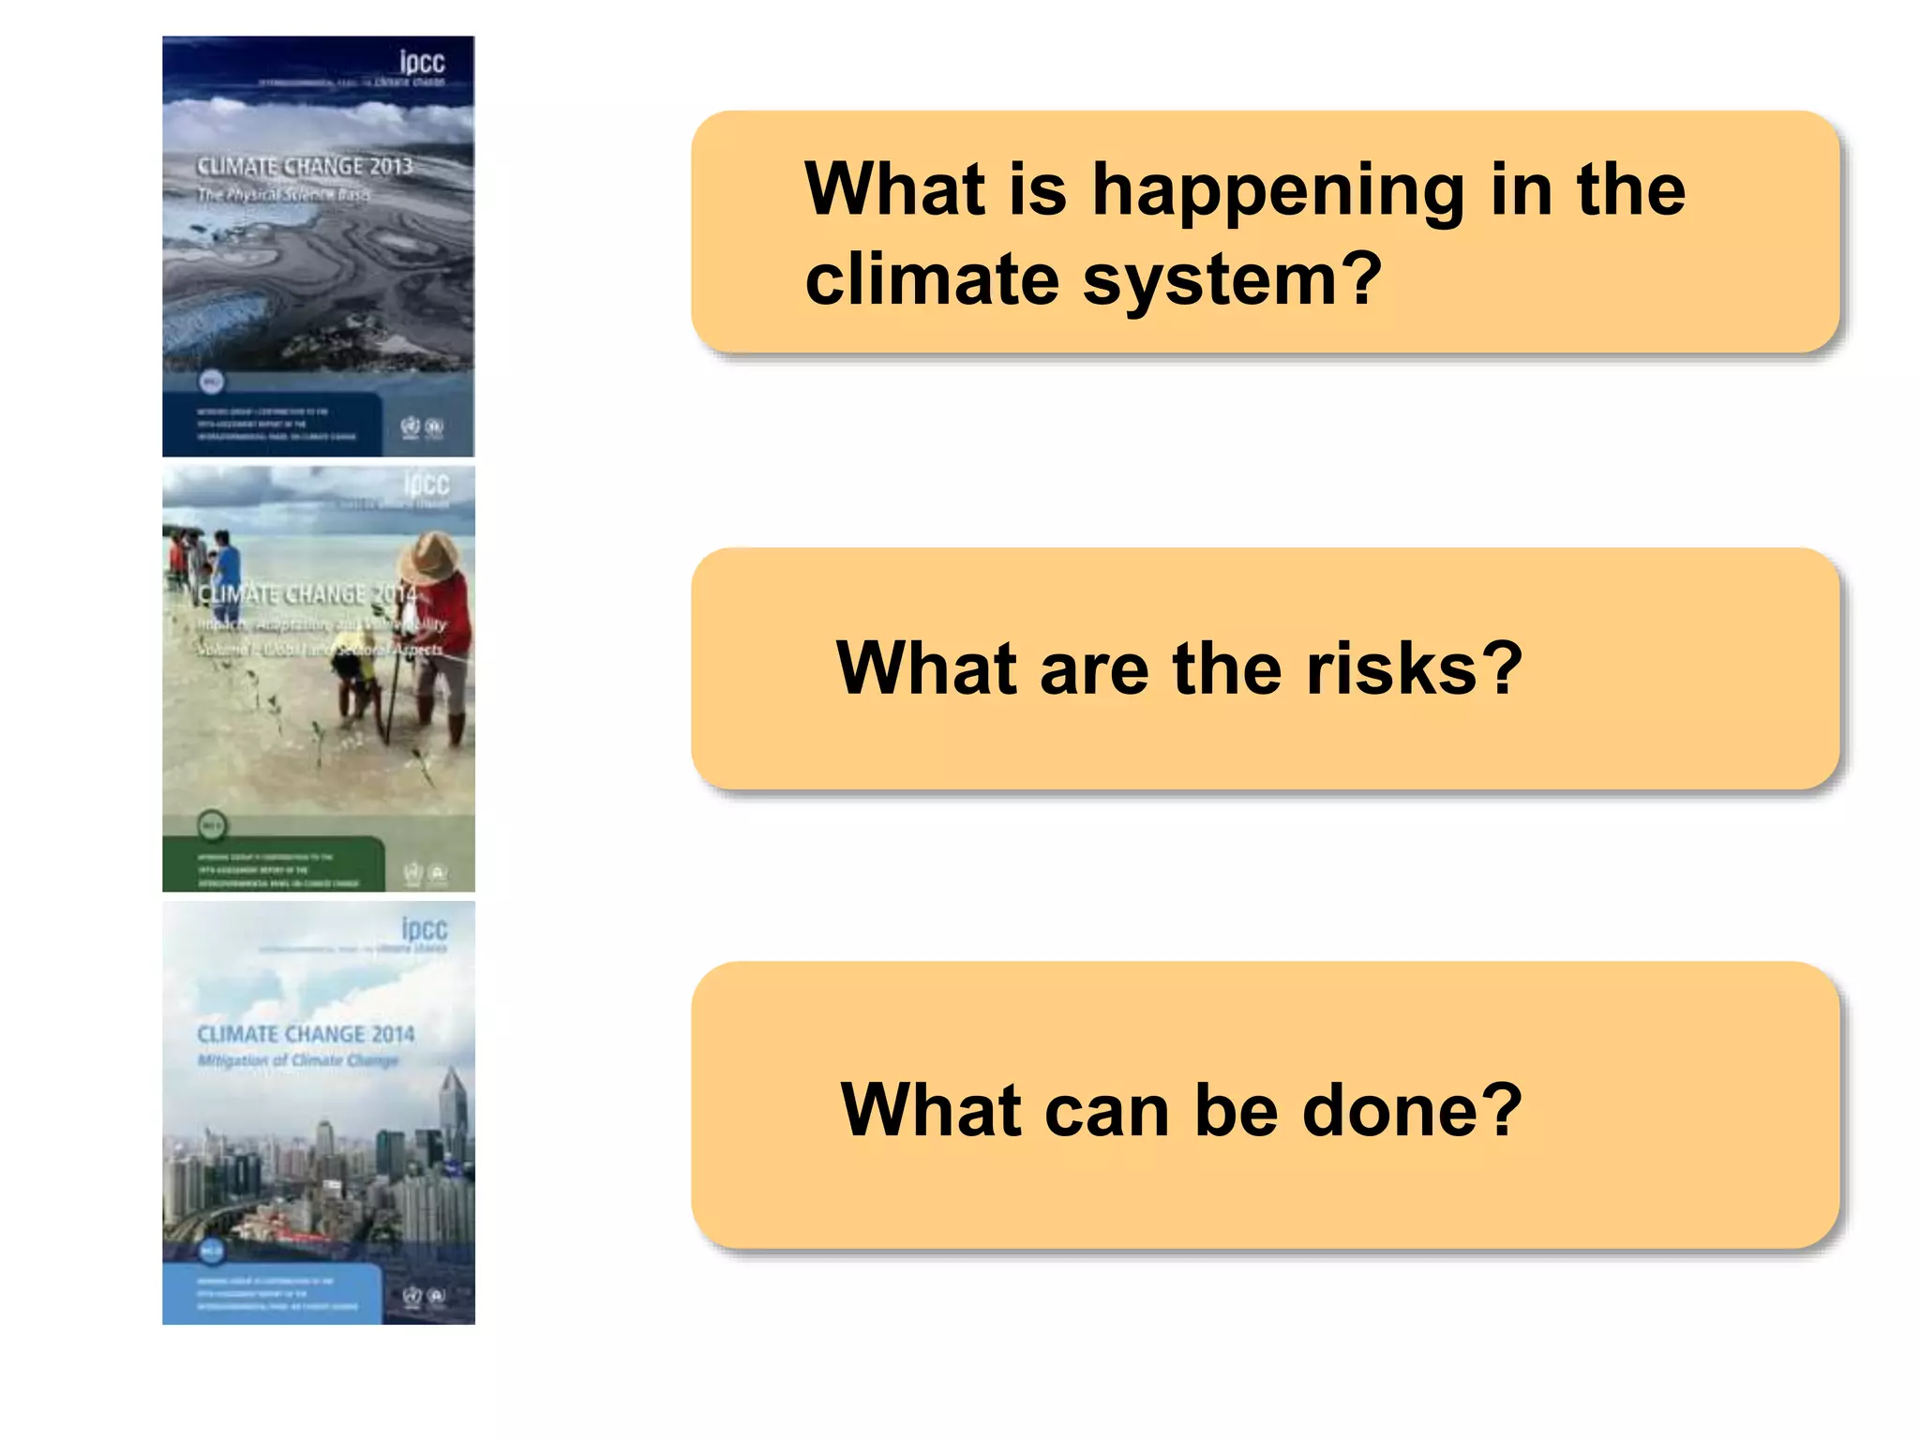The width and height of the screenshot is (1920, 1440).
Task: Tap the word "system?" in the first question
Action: click(x=1232, y=279)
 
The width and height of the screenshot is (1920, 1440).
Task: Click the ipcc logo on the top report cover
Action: click(x=422, y=62)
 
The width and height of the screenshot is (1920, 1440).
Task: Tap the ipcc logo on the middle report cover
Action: click(x=427, y=485)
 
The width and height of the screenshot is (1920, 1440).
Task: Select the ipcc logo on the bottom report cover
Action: click(x=425, y=929)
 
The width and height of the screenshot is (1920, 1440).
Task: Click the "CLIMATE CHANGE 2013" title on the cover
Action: click(x=305, y=167)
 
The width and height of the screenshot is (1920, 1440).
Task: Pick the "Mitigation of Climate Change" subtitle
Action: click(x=298, y=1060)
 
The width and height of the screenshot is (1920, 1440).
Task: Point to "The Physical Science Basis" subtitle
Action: click(x=283, y=194)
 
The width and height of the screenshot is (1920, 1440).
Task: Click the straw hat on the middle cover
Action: click(x=429, y=558)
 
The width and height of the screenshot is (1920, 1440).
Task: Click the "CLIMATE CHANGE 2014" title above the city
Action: click(x=306, y=1034)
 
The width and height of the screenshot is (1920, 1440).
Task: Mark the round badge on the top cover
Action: click(x=212, y=382)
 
